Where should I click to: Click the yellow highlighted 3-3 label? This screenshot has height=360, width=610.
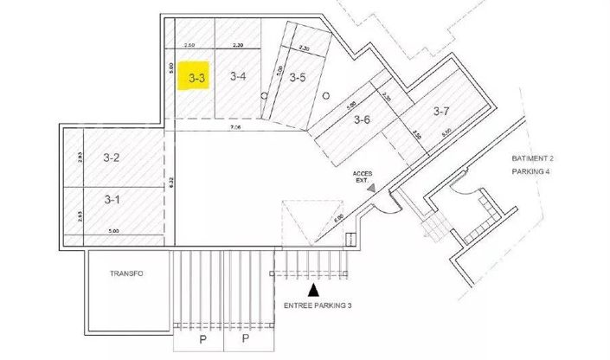pos(197,78)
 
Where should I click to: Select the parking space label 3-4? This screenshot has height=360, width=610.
pos(238,77)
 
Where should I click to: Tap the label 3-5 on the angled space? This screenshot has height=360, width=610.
pos(298,78)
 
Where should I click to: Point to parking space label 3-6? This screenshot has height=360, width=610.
pos(362,120)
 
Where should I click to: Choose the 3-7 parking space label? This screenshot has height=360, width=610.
pos(440,111)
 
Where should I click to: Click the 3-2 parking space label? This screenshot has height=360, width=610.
pos(111,157)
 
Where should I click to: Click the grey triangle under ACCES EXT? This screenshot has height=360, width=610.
pos(370,187)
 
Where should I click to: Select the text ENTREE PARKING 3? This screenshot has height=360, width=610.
pos(318,306)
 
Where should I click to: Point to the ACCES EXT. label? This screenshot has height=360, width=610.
pos(363,176)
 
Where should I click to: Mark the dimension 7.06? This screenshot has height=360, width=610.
pos(234,127)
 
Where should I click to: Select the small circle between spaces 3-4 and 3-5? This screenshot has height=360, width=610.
pos(266,98)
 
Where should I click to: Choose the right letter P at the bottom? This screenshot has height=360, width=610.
pos(245,340)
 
